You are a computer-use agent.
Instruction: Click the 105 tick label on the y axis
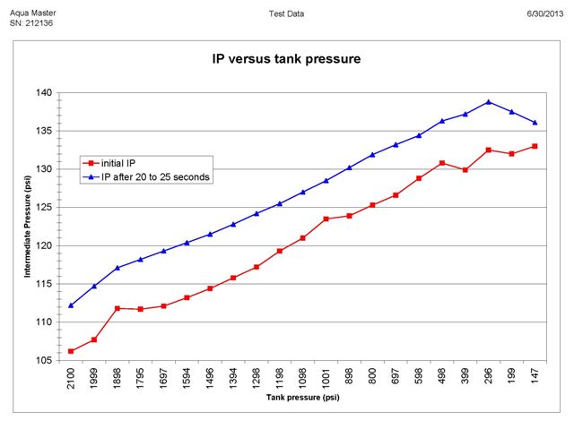45,360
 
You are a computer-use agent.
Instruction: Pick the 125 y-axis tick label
45,207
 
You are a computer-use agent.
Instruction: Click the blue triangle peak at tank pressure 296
488,102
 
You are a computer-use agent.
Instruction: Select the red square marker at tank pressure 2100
71,351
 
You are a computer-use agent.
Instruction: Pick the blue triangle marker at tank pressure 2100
71,305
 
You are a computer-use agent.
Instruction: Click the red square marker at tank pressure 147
535,146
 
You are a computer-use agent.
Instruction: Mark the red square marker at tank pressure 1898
117,308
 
